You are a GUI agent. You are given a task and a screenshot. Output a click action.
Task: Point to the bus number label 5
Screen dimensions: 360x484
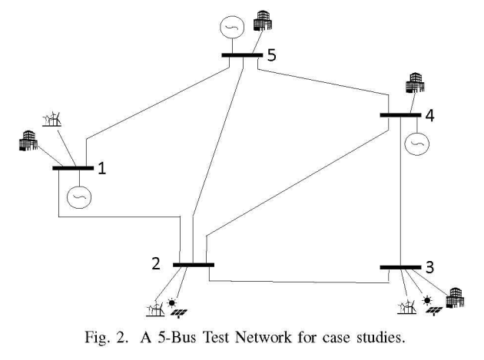click(x=271, y=55)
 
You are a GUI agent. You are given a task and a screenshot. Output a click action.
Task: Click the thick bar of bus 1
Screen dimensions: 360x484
click(x=72, y=167)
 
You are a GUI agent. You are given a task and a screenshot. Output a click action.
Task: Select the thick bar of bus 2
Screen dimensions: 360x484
click(x=193, y=265)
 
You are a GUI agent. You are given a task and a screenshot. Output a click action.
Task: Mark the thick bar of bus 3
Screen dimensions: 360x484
click(x=400, y=267)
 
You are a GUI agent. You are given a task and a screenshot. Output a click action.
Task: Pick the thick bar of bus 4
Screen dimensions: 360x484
click(x=401, y=116)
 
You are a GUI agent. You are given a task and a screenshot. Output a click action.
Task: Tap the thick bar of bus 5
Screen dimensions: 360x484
click(x=242, y=55)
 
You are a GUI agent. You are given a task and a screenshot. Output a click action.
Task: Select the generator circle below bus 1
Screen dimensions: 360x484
click(x=78, y=197)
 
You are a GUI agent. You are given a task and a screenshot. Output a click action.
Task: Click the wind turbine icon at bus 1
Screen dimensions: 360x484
click(x=51, y=118)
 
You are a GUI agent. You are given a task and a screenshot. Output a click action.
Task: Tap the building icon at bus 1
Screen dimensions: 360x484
click(x=27, y=143)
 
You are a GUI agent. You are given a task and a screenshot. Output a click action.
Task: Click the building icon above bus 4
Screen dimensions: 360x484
click(x=416, y=81)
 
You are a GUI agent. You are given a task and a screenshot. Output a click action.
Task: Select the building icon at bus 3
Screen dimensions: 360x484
click(x=456, y=294)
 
